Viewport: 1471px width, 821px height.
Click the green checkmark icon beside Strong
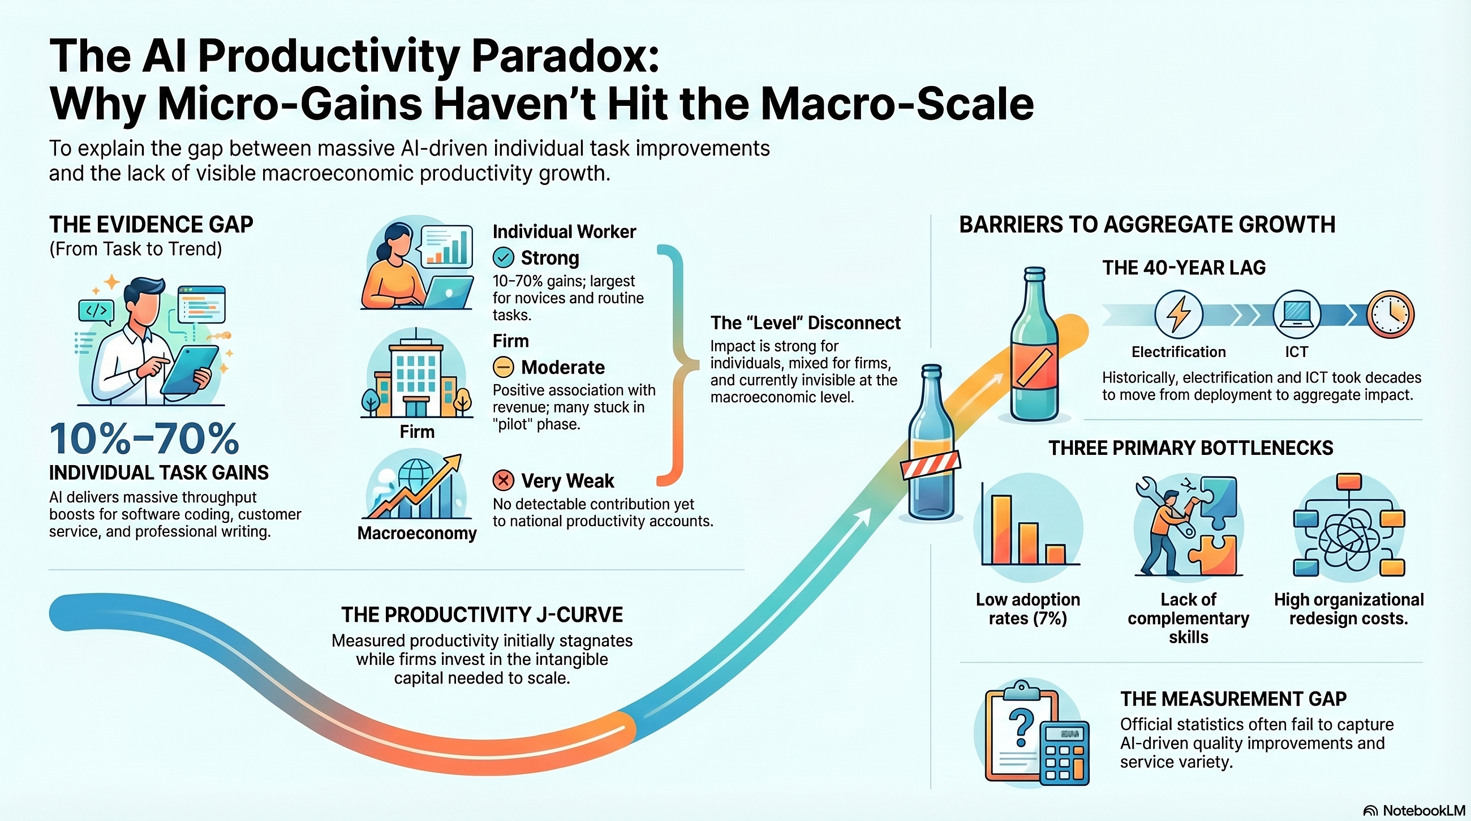click(x=503, y=258)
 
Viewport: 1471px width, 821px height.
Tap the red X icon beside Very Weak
click(x=503, y=481)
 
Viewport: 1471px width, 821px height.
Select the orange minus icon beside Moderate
click(x=503, y=367)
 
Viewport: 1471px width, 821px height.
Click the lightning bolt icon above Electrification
click(x=1178, y=315)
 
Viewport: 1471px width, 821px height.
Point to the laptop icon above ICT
click(x=1297, y=315)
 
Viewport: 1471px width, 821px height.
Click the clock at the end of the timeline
click(x=1391, y=315)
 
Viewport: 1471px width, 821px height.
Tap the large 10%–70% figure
click(x=144, y=439)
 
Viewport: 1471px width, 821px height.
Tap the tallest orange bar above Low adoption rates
click(x=1001, y=529)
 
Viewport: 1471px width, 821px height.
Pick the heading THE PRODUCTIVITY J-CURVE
click(x=482, y=615)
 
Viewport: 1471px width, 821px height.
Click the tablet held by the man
click(x=189, y=369)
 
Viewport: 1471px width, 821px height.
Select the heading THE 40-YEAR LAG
click(x=1184, y=268)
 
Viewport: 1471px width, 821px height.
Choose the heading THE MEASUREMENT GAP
click(x=1233, y=699)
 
